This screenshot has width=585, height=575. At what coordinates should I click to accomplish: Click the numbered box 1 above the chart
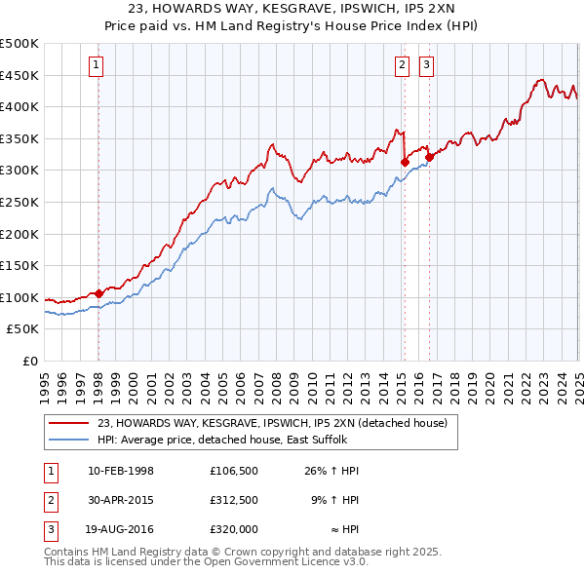point(98,66)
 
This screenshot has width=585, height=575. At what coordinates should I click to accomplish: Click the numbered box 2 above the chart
point(402,66)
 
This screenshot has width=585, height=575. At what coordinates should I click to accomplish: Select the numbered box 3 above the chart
point(427,66)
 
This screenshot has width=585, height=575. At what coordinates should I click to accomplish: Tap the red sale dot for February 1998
point(99,292)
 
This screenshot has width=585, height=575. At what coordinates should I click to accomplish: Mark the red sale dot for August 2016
point(430,158)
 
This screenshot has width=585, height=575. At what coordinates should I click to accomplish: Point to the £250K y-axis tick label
point(20,202)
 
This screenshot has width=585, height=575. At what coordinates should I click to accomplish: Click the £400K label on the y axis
point(20,106)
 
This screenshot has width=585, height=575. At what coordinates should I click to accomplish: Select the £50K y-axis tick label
point(24,329)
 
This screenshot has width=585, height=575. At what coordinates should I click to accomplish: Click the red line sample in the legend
point(70,423)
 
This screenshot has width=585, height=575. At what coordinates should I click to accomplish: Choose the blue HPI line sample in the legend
point(70,440)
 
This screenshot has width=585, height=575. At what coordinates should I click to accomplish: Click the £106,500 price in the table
point(233,471)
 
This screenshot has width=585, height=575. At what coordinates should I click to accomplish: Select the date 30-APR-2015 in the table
point(121,500)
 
